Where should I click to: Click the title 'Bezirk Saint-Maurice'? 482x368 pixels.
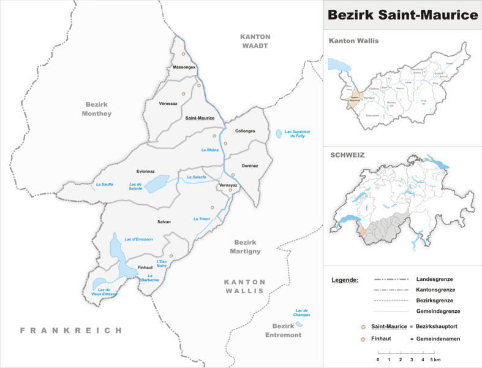tap(402, 14)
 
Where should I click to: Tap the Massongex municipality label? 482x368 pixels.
tap(184, 66)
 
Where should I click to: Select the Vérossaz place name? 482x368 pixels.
tap(168, 104)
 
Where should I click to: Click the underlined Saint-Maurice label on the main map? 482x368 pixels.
tap(199, 118)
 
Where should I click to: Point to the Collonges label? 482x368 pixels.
tap(245, 131)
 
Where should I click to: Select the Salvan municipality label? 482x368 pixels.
tap(164, 221)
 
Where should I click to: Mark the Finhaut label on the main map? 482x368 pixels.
tap(145, 267)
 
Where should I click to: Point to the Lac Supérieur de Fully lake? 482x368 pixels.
tap(279, 132)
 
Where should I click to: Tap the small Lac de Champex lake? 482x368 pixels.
tap(299, 324)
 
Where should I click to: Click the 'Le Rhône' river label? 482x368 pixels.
tap(210, 150)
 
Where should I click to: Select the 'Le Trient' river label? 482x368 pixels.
tap(201, 219)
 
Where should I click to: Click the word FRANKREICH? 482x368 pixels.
tap(71, 330)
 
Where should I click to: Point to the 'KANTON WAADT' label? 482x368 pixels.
tap(255, 41)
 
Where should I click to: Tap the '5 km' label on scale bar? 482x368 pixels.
tap(435, 359)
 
